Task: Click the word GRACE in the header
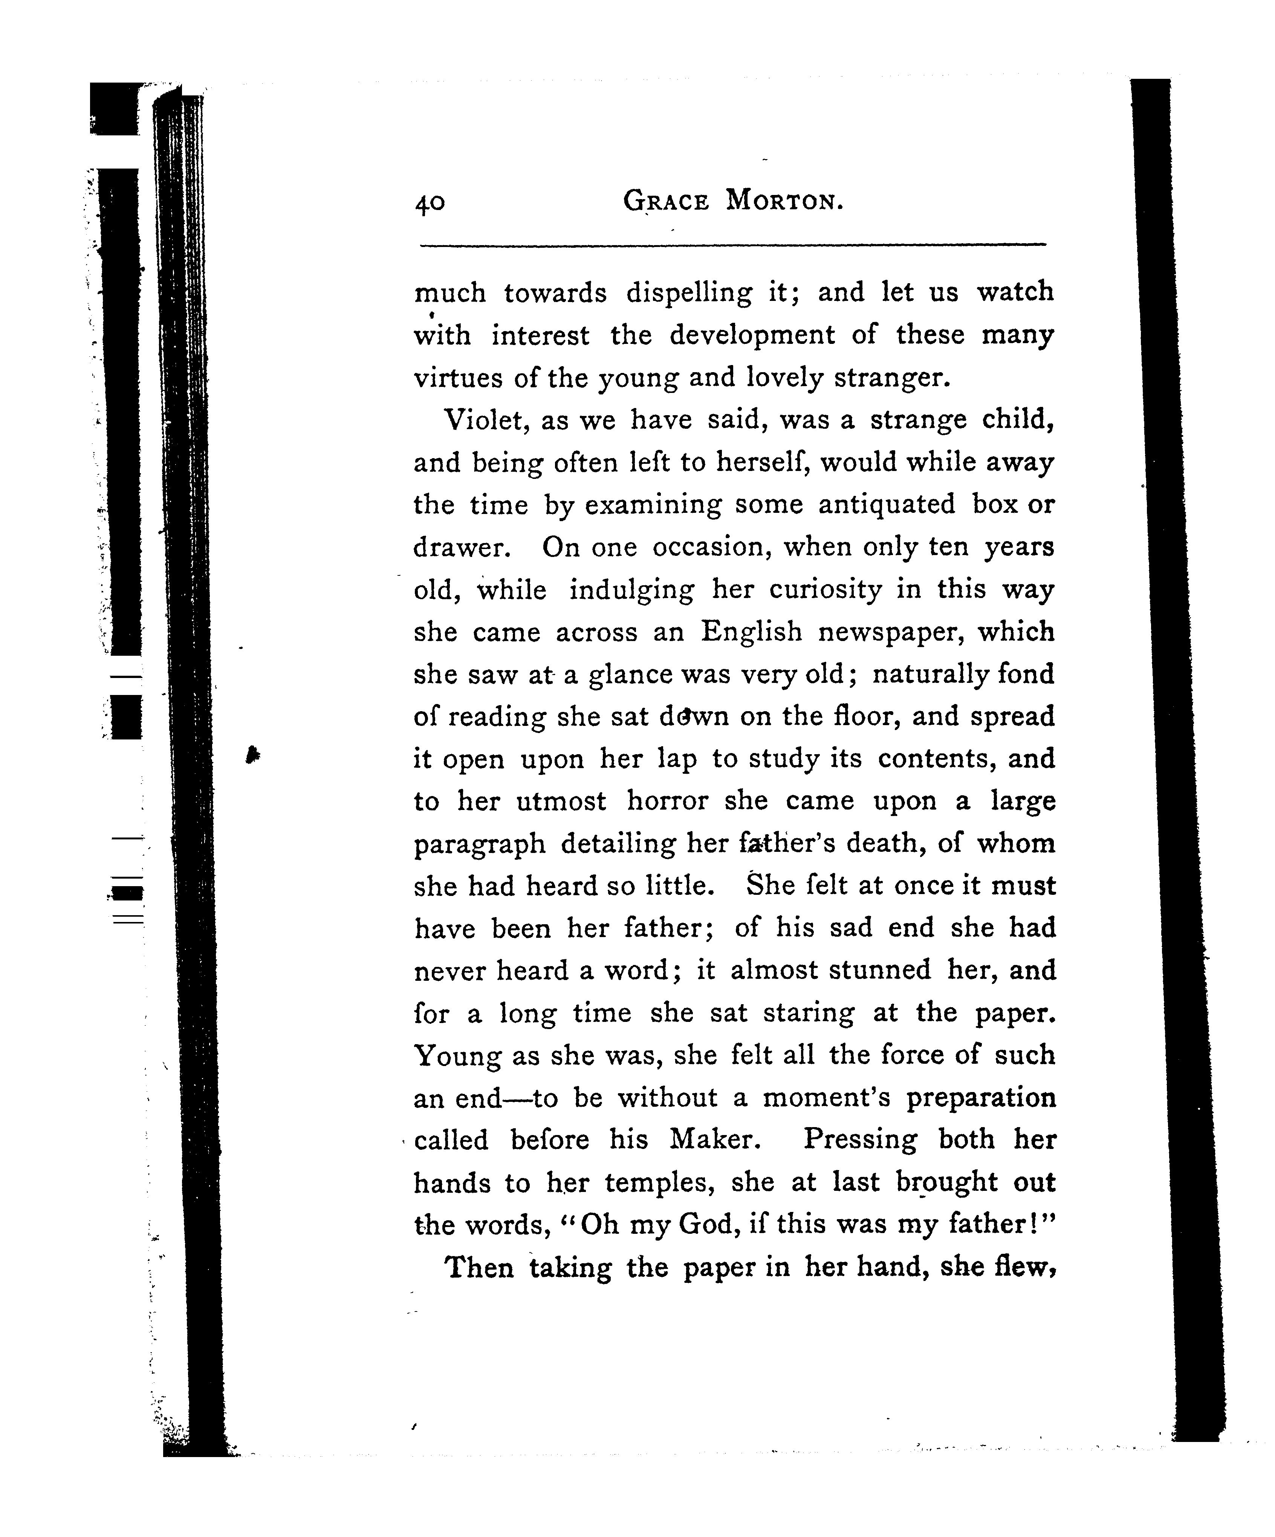pos(666,201)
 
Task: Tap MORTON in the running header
pos(785,201)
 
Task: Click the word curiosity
pos(824,590)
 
